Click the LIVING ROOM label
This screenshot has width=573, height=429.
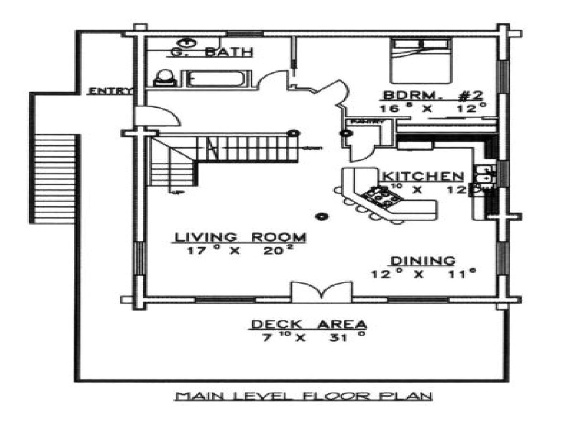tap(241, 237)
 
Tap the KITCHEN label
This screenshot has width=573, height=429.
tap(422, 176)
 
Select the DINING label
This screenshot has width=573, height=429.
tap(422, 260)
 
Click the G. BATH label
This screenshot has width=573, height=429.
tap(212, 53)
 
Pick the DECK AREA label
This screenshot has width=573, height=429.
tap(309, 324)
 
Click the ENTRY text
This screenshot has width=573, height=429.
tap(110, 91)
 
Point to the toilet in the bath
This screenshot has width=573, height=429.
tap(164, 77)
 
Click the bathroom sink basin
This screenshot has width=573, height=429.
tap(186, 42)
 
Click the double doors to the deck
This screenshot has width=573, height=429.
tap(321, 292)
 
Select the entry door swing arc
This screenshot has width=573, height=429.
tap(159, 116)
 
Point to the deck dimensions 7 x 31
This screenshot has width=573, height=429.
tap(309, 338)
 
